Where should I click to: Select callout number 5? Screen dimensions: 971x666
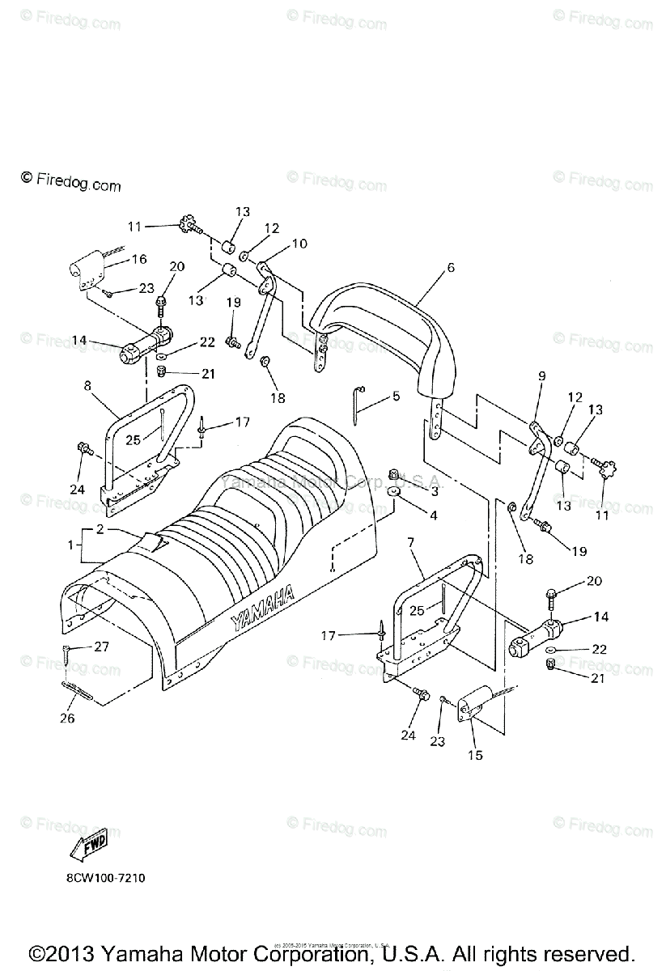coord(397,396)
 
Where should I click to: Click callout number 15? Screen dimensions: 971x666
coord(475,755)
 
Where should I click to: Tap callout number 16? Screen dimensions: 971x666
coord(139,259)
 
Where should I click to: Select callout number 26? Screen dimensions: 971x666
coord(66,718)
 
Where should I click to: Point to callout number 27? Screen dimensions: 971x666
coord(101,646)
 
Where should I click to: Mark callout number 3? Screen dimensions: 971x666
coord(434,491)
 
